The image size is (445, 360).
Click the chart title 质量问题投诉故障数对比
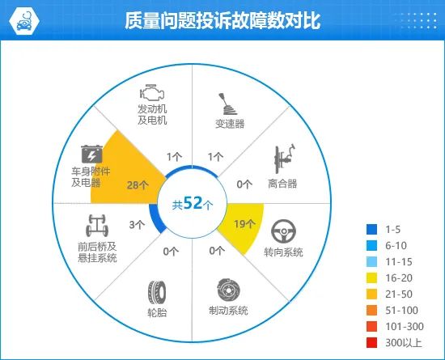(222, 21)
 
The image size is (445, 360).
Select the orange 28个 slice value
(138, 184)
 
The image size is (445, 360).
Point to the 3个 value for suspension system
(137, 224)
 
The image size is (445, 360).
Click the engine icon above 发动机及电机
(151, 91)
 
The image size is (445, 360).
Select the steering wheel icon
(283, 232)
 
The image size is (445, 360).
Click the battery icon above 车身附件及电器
(91, 153)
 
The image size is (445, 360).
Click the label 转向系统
(283, 252)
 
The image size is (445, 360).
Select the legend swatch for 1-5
(371, 228)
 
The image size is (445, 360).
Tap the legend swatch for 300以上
(371, 344)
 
